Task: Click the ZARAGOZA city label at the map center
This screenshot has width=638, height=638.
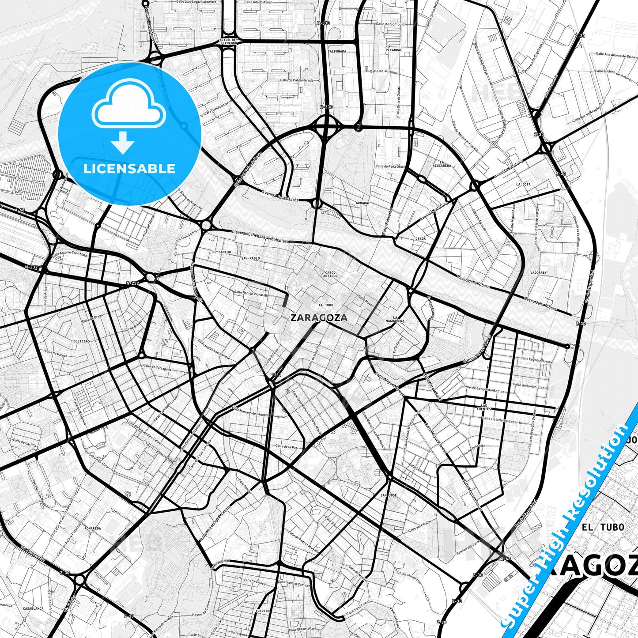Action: (319, 317)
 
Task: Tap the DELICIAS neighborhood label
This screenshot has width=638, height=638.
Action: (82, 341)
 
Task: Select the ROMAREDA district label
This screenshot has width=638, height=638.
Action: (93, 528)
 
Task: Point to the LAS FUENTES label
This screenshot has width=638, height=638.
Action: (486, 407)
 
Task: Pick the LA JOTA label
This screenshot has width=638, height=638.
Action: (523, 184)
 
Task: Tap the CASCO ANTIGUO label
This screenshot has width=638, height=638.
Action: (331, 274)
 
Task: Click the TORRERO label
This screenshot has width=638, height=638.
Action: (262, 611)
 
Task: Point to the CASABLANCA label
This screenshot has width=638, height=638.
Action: (34, 608)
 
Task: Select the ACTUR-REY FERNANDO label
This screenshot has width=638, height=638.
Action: (229, 42)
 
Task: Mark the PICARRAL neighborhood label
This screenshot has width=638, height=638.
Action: (393, 50)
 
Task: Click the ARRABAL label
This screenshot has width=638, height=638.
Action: (362, 203)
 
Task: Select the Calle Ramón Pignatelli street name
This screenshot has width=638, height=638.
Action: (250, 294)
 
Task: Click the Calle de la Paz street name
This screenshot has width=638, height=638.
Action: (286, 447)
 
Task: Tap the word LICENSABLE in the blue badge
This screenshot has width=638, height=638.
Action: (129, 169)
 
